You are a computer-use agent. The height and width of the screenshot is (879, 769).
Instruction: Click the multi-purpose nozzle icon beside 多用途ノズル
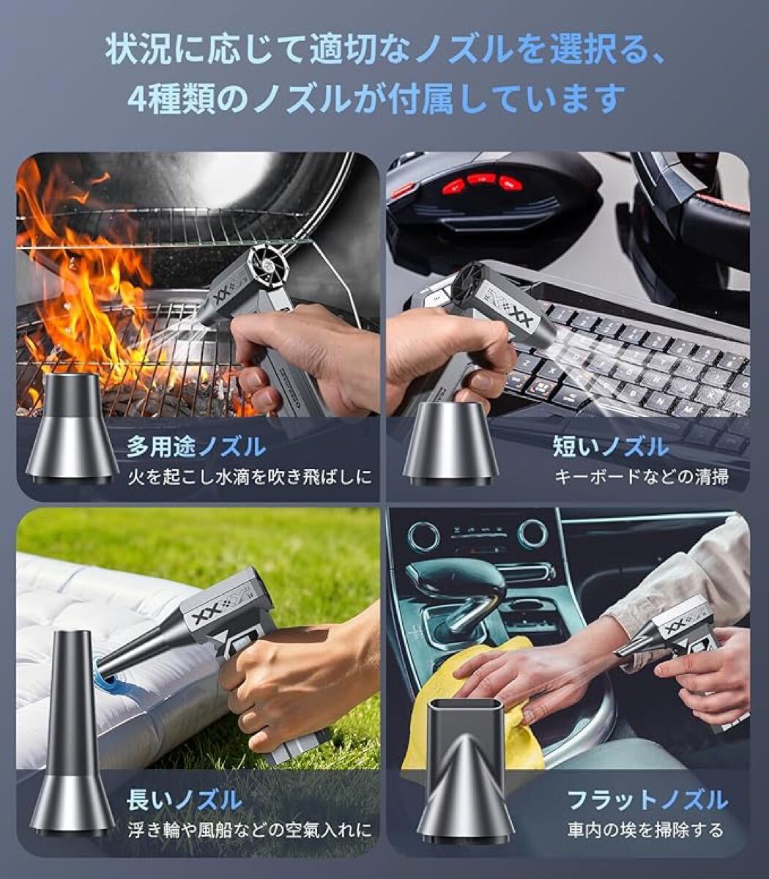click(72, 428)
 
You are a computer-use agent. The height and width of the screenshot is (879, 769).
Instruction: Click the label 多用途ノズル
click(196, 448)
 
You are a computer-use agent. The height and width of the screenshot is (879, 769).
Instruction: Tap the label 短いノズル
click(611, 447)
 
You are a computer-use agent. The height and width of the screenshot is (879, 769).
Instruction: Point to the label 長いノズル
click(185, 801)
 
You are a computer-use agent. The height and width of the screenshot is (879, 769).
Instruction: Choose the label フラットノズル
click(647, 800)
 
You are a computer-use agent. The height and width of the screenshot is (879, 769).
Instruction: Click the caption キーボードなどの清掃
click(642, 477)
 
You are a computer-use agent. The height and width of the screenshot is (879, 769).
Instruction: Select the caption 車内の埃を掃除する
click(645, 830)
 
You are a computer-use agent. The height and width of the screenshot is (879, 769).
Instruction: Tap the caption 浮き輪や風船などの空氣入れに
click(250, 831)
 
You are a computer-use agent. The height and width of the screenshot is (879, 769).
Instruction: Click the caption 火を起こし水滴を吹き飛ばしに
click(250, 477)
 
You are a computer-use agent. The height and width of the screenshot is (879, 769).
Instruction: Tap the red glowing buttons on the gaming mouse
click(481, 182)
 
